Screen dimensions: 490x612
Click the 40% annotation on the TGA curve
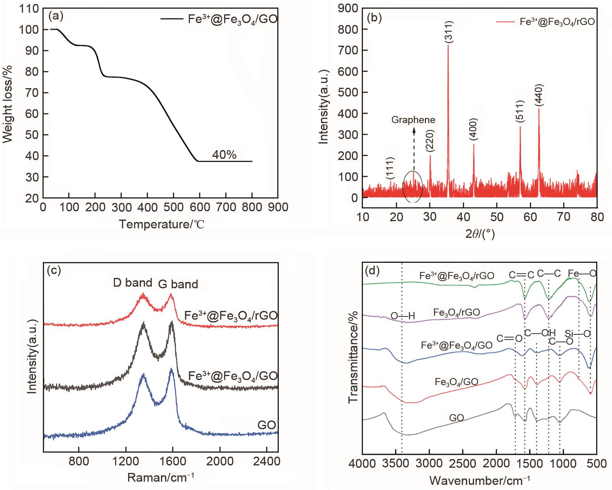[224, 155]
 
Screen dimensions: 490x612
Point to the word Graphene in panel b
[413, 120]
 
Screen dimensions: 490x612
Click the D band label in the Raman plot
[132, 283]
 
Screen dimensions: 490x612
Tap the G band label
[178, 284]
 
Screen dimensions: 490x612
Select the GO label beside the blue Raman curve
[267, 425]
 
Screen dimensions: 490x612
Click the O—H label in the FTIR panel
[403, 316]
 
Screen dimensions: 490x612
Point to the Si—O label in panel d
[578, 334]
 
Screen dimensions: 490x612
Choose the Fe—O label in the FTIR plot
[582, 274]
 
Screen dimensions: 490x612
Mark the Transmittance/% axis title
[353, 357]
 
